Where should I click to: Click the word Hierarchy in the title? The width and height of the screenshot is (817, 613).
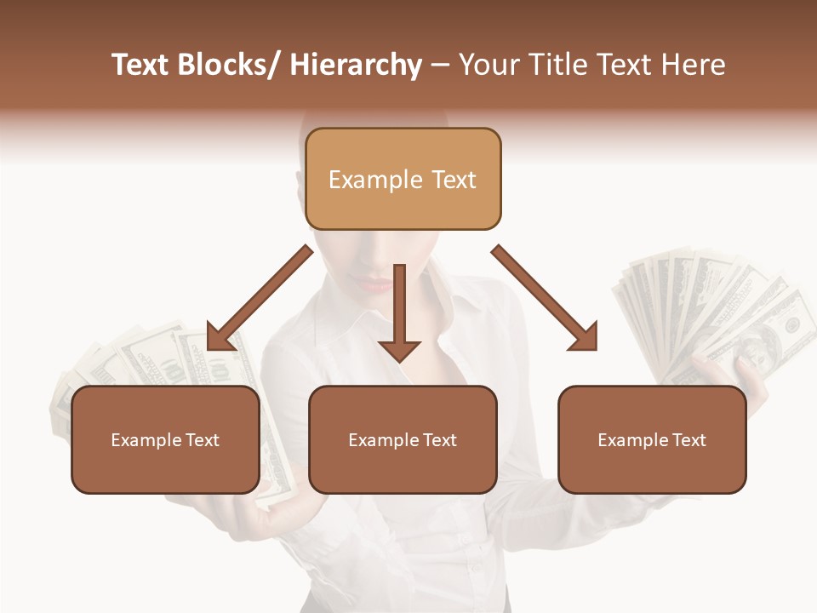[356, 66]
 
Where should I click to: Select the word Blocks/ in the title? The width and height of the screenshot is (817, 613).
[228, 66]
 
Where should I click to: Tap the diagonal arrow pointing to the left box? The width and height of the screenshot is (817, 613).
[255, 302]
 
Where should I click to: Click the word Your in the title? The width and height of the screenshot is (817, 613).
[487, 66]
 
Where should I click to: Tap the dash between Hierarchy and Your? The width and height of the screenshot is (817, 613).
[440, 66]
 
